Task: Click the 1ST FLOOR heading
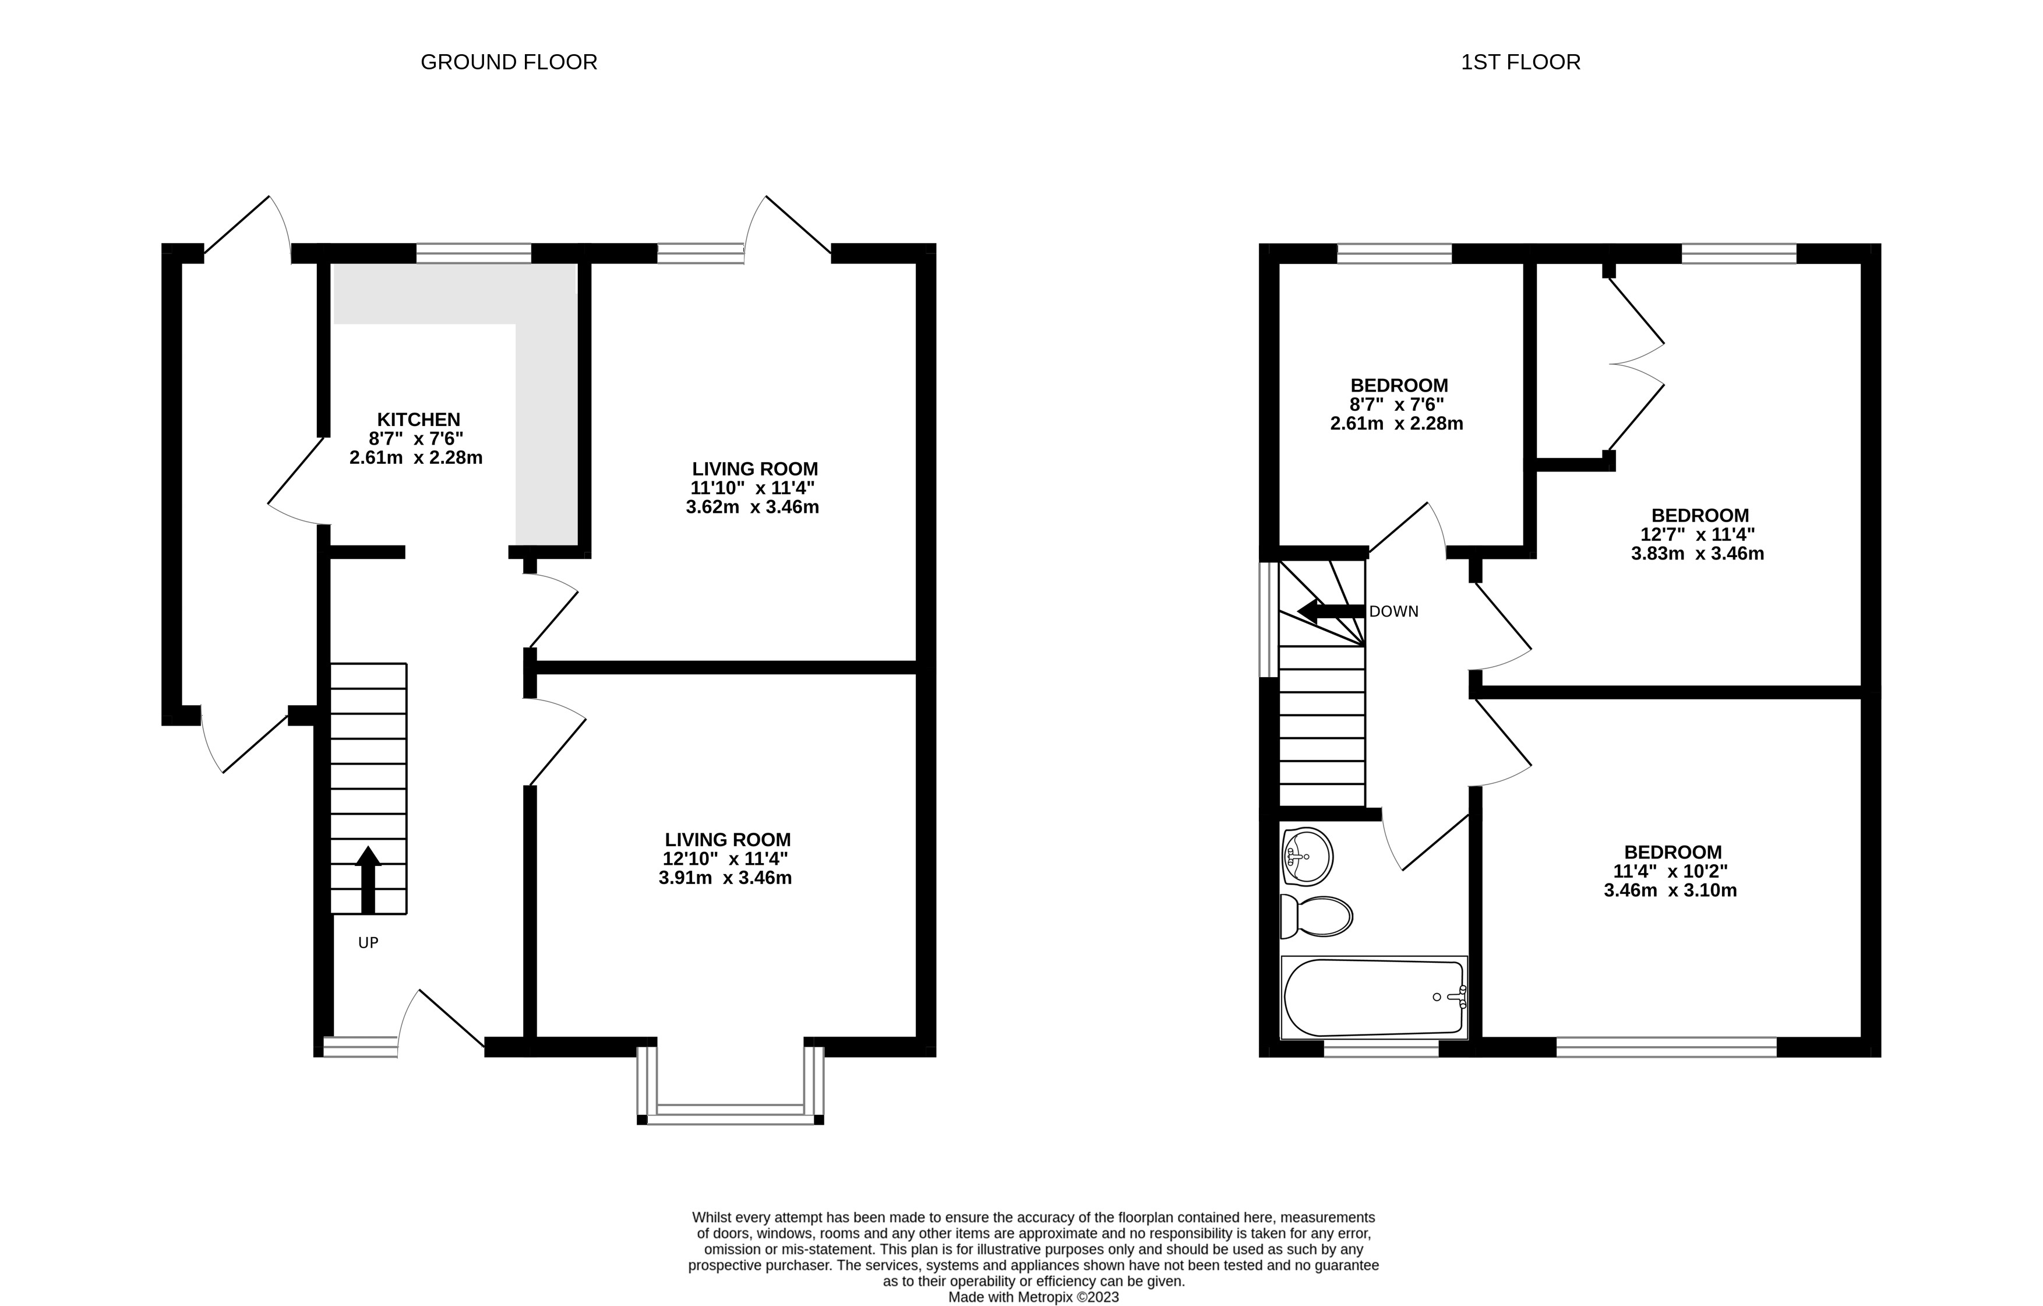[x=1520, y=62]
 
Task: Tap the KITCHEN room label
[x=418, y=419]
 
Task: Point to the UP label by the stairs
[x=368, y=943]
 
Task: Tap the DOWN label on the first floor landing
[x=1393, y=611]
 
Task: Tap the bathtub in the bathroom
[x=1372, y=997]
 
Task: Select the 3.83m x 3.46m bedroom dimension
[x=1697, y=554]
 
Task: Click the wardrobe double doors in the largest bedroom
[x=1636, y=364]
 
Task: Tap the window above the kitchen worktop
[x=474, y=253]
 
